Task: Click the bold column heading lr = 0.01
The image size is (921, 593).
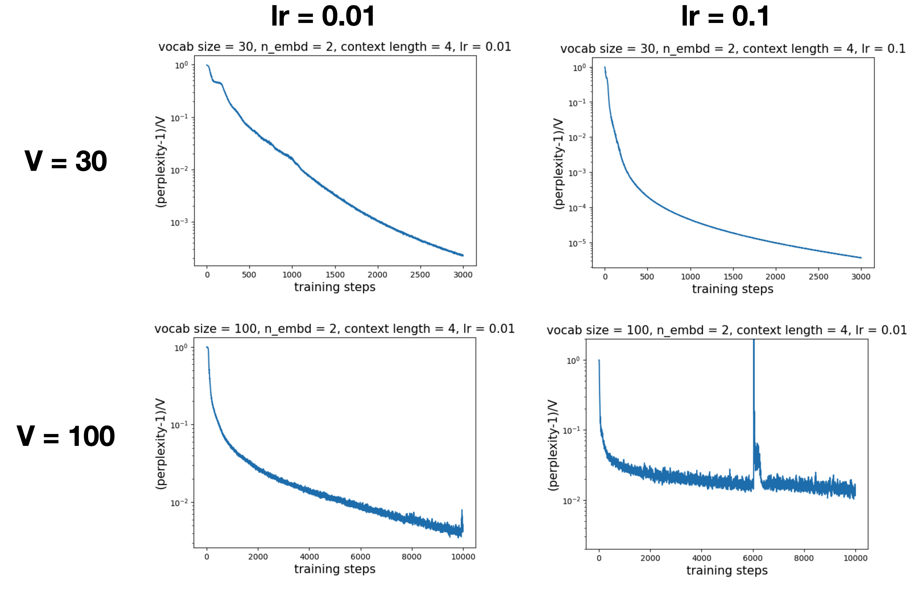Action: point(323,16)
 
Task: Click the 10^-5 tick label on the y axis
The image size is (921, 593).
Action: point(577,243)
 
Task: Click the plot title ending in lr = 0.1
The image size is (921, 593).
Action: point(733,49)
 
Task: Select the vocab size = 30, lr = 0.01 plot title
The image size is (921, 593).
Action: point(335,47)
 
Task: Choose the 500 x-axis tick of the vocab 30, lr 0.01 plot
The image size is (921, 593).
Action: point(249,275)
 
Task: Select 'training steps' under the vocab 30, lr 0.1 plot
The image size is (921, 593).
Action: point(733,289)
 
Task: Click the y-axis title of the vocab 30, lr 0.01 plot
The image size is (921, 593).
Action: point(161,162)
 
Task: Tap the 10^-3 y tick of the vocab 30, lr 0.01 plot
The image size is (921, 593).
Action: point(179,223)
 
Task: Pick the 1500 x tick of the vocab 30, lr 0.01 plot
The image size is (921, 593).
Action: point(335,275)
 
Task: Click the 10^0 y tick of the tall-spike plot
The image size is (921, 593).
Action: point(572,361)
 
